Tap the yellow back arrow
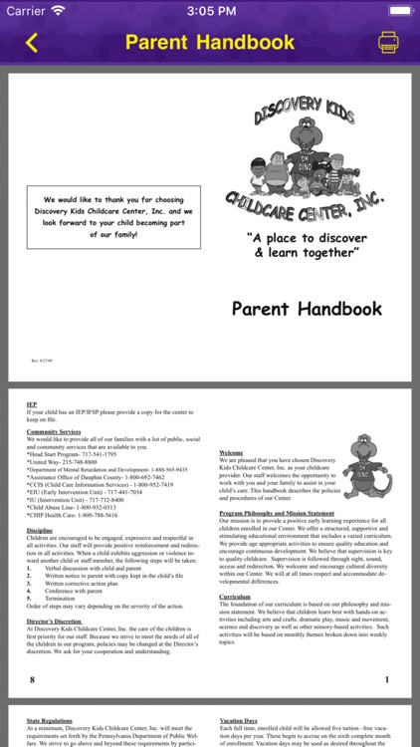pos(31,43)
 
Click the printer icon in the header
pos(388,43)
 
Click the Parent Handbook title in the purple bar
pos(210,43)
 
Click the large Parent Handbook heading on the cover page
pos(307,309)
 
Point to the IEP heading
pos(32,405)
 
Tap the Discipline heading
pos(41,530)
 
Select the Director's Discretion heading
pos(55,622)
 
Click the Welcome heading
pos(231,453)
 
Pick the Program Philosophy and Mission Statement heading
pos(277,513)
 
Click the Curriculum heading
pos(235,596)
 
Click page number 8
pos(32,679)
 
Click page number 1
pos(386,679)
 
